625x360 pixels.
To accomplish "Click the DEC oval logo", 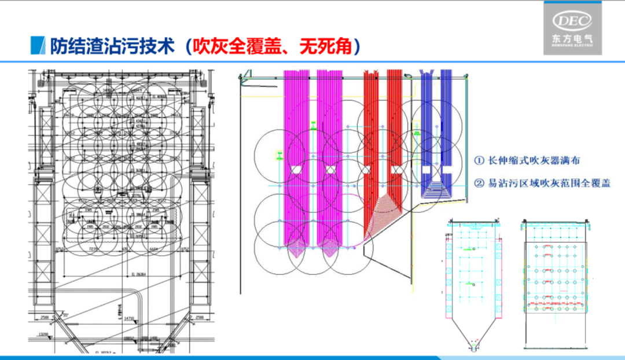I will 572,21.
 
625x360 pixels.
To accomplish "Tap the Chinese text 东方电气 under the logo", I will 572,39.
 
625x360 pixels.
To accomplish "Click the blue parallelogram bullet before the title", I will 38,45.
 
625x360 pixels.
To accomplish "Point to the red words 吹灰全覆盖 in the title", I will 230,45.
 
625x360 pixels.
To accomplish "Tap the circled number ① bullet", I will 479,160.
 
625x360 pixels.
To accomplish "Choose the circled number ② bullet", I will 479,183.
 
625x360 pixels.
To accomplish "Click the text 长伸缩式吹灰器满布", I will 534,160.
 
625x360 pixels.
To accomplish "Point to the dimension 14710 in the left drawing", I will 130,318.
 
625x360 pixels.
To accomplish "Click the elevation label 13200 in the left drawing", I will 43,334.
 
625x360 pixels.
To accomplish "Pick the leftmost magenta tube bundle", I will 296,156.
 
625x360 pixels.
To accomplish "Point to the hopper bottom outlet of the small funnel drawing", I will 474,348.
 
